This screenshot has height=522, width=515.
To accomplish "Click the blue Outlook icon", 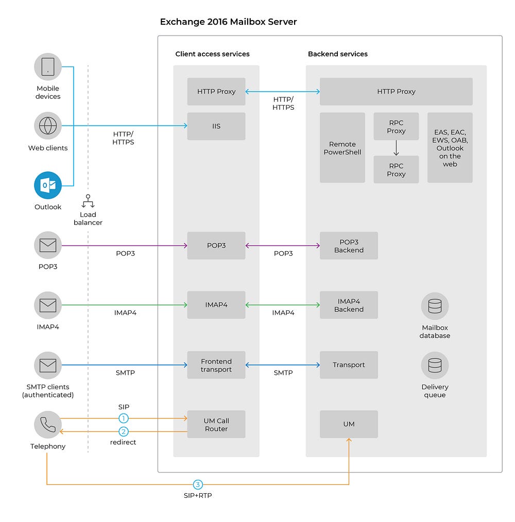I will [x=48, y=185].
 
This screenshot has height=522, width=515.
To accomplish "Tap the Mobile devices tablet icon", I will [x=48, y=66].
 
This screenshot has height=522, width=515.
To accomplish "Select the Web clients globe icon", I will [x=48, y=126].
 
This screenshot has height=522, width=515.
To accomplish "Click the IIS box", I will [x=216, y=126].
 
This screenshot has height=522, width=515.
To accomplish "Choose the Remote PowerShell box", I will [x=342, y=148].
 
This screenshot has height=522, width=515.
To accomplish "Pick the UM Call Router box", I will [x=216, y=425].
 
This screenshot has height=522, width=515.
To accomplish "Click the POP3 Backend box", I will [x=349, y=246].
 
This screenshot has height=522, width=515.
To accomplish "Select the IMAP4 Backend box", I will [x=349, y=305].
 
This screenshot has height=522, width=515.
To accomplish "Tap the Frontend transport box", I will [x=216, y=365].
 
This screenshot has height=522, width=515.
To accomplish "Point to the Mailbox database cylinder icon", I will [x=435, y=306].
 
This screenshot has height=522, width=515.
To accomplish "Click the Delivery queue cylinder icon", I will [x=435, y=366].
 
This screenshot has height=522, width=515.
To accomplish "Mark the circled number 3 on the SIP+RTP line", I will [x=198, y=484].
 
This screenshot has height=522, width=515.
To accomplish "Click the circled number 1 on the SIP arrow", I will [x=124, y=418].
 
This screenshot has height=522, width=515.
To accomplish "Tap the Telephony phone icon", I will [x=48, y=425].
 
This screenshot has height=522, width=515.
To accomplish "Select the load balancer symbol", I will [x=88, y=201].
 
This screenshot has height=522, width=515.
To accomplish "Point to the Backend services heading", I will [x=338, y=54].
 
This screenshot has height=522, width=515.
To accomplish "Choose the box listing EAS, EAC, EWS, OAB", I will [x=450, y=148].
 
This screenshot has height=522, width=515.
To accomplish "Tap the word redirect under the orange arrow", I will [x=123, y=442].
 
